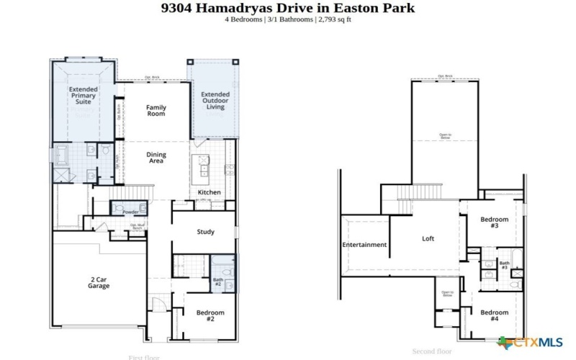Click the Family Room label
pyautogui.click(x=156, y=111)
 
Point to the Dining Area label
pyautogui.click(x=156, y=158)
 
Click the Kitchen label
pyautogui.click(x=209, y=192)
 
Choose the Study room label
pyautogui.click(x=207, y=232)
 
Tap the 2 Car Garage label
pyautogui.click(x=99, y=283)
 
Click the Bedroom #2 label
pyautogui.click(x=210, y=315)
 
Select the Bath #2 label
pyautogui.click(x=217, y=283)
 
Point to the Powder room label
pyautogui.click(x=130, y=212)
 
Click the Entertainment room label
pyautogui.click(x=364, y=245)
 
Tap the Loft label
pyautogui.click(x=428, y=239)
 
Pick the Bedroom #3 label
pyautogui.click(x=495, y=222)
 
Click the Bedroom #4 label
pyautogui.click(x=495, y=315)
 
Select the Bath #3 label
pyautogui.click(x=504, y=265)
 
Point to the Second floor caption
pyautogui.click(x=431, y=351)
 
